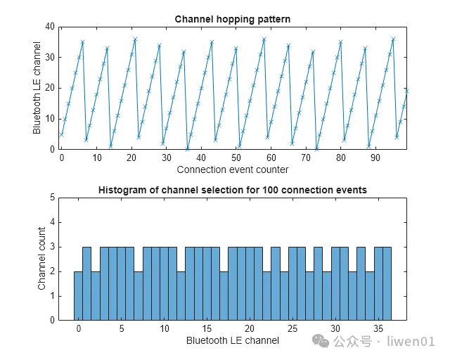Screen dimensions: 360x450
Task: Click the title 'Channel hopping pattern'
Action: point(232,18)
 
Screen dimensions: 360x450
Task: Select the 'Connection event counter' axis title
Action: point(232,169)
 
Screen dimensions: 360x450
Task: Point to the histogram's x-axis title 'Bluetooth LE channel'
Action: point(232,341)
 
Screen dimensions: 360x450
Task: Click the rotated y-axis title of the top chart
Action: point(37,88)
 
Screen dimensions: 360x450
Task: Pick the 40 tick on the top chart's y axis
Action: point(49,27)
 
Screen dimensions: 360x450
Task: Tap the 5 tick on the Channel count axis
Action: point(51,198)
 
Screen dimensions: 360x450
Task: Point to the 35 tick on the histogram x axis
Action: point(378,329)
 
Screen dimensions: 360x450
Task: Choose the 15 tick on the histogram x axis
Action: point(207,329)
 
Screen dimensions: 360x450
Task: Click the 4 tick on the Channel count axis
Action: point(51,223)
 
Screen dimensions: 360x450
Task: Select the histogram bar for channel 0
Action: point(78,295)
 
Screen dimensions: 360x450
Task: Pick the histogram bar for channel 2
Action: point(96,295)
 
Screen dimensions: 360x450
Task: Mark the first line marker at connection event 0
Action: point(62,134)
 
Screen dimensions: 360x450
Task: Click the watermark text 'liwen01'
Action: point(416,342)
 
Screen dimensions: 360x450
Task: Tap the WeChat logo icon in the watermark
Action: point(320,342)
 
